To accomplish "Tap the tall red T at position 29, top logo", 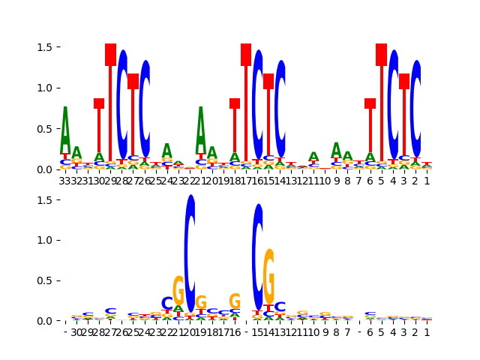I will coord(110,105).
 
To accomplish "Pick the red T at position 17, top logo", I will coord(246,105).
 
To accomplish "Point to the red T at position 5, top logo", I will coord(381,105).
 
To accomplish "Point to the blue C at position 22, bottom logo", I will coord(167,304).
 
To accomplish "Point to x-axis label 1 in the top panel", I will coord(427,181).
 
